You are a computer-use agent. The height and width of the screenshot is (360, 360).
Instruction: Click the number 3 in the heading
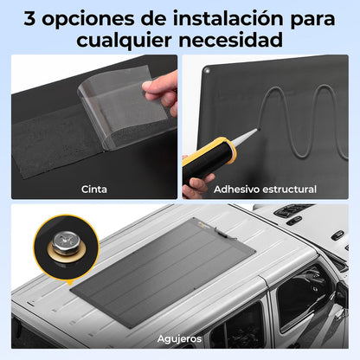[29, 18]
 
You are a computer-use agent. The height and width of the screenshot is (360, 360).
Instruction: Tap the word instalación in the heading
[228, 18]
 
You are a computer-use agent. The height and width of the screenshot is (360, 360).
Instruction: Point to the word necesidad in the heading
[231, 40]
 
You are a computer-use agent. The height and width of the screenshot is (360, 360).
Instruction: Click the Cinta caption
[94, 190]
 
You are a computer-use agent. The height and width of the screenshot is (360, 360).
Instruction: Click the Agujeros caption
[179, 338]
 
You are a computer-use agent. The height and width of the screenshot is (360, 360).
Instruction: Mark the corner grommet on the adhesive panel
[206, 70]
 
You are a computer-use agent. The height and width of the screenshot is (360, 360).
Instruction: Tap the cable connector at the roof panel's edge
[225, 233]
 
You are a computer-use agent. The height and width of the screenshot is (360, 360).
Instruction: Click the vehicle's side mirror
[341, 294]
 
